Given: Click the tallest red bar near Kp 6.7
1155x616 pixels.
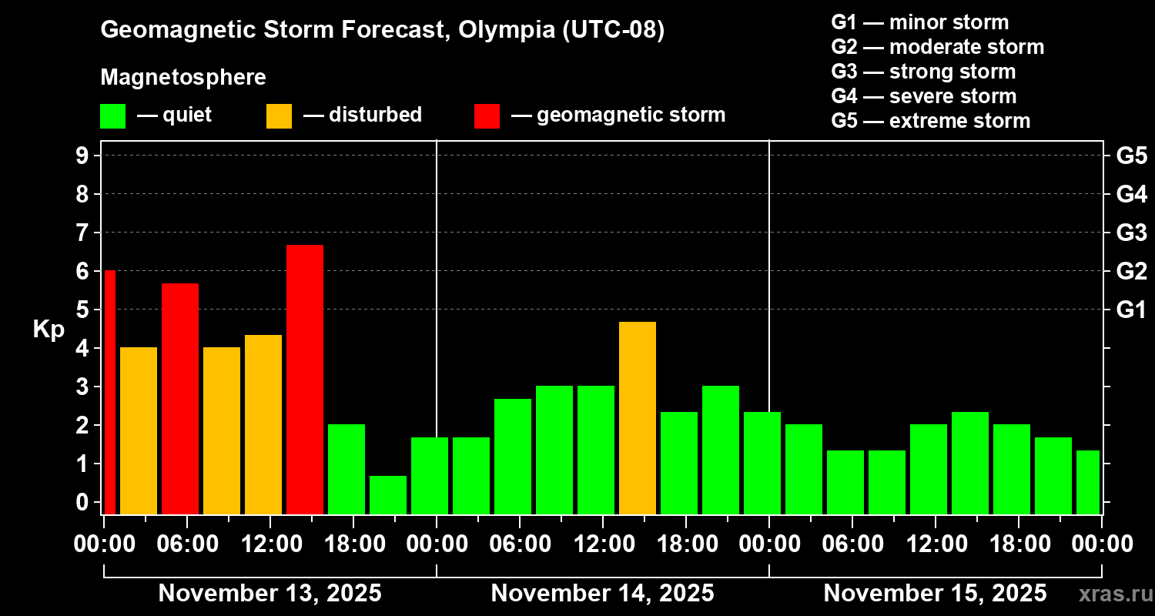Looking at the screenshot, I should pyautogui.click(x=304, y=379).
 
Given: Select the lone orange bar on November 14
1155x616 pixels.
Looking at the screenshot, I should pyautogui.click(x=637, y=417).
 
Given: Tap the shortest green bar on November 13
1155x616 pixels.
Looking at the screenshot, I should pyautogui.click(x=387, y=494).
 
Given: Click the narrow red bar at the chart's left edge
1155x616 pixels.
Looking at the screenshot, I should pyautogui.click(x=109, y=392).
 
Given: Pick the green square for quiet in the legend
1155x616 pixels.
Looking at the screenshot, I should pyautogui.click(x=112, y=116).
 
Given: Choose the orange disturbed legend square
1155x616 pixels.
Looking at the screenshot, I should pyautogui.click(x=279, y=116).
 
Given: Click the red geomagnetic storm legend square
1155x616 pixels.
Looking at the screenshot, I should pyautogui.click(x=487, y=116).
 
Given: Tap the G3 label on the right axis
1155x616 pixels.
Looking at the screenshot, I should pyautogui.click(x=1131, y=233).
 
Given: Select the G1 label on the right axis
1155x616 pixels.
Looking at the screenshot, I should pyautogui.click(x=1131, y=310).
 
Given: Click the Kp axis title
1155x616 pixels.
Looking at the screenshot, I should pyautogui.click(x=49, y=330).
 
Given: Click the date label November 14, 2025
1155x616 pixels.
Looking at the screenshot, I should pyautogui.click(x=602, y=594).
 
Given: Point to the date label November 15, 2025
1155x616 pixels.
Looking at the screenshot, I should pyautogui.click(x=935, y=594).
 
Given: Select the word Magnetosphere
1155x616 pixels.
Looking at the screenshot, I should pyautogui.click(x=183, y=78).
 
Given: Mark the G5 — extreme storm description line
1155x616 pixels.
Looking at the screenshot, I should pyautogui.click(x=930, y=121).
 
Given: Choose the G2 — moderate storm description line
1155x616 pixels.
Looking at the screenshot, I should pyautogui.click(x=937, y=47).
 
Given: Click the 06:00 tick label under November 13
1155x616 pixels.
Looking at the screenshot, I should pyautogui.click(x=187, y=544).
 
